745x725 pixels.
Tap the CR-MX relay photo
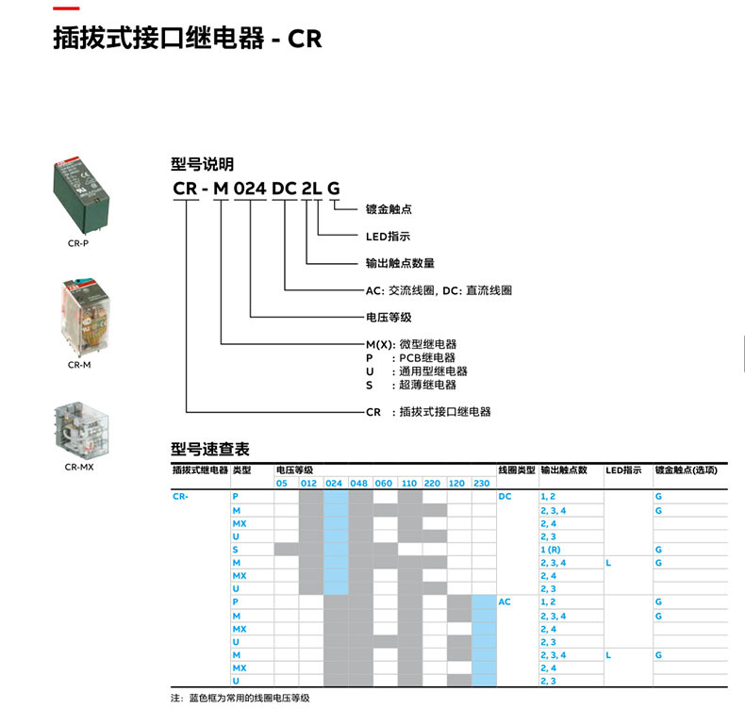coord(79,427)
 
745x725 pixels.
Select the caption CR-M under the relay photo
coord(79,365)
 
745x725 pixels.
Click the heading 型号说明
coord(202,164)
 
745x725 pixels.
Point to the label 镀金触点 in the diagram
coord(389,209)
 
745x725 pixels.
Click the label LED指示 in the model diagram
coord(388,237)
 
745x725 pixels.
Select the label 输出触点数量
coord(400,263)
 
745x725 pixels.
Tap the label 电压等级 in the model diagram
coord(389,318)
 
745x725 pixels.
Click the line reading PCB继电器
coord(427,358)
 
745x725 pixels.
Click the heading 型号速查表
coord(209,449)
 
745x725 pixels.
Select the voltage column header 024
coord(334,483)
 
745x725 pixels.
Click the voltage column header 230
coord(482,483)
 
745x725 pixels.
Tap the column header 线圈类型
coord(517,470)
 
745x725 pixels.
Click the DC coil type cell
coord(505,496)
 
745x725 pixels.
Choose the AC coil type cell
coord(505,601)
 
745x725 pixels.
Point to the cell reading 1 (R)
coord(551,549)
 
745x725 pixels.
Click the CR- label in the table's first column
coord(181,496)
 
